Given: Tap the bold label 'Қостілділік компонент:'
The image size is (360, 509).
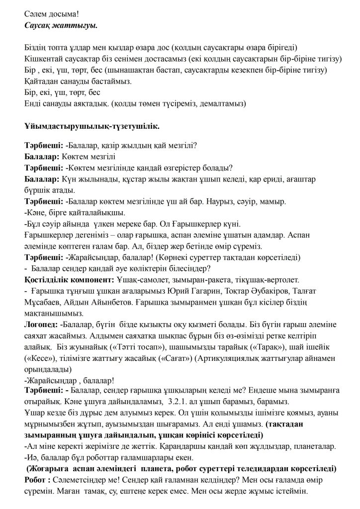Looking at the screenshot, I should point(69,280).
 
